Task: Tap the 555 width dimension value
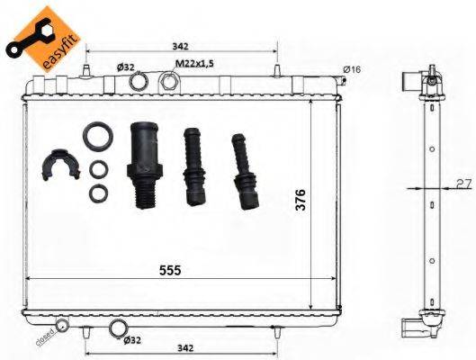(x=169, y=270)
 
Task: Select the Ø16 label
(x=351, y=69)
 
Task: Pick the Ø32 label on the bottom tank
(x=132, y=341)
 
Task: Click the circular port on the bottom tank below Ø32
(x=117, y=328)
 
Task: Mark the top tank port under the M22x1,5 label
(x=168, y=82)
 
